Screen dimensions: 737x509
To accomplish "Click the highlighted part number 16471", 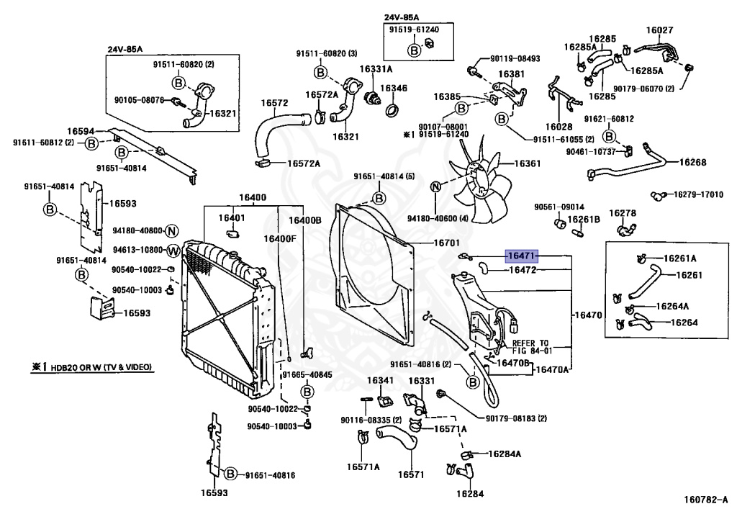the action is [522, 256].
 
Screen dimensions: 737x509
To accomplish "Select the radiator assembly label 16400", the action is [253, 197].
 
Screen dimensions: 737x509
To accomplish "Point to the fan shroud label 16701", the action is [446, 243].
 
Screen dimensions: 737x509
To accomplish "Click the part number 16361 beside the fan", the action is [528, 163].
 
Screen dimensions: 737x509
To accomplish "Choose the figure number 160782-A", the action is [707, 499].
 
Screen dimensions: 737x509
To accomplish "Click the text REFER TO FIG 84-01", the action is [530, 347].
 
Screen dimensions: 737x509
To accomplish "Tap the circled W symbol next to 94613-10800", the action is [173, 251].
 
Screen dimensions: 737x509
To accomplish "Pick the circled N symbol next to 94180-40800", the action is [173, 231].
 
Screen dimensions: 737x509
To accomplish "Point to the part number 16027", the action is [659, 30].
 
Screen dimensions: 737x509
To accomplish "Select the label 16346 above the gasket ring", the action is [394, 89].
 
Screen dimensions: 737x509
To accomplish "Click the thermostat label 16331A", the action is [376, 68].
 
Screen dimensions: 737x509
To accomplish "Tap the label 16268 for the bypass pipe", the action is [693, 162].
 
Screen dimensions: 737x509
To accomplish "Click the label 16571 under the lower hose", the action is [411, 474].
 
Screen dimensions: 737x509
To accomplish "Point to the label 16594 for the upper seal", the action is [81, 132].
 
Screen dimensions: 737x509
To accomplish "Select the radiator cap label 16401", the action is [232, 217].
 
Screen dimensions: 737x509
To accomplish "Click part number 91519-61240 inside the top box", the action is [414, 30].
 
